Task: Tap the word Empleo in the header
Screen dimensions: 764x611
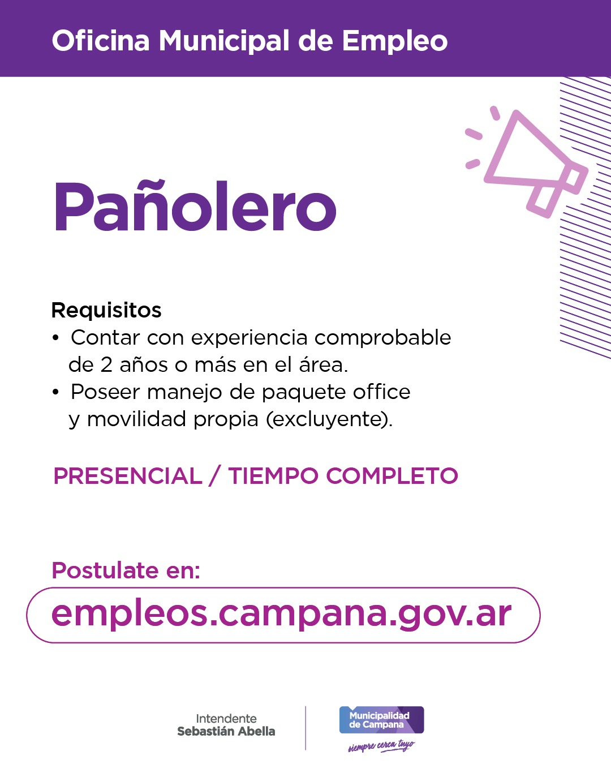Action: click(394, 41)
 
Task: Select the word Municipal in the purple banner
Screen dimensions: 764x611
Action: click(224, 41)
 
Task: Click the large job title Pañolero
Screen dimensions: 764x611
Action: click(195, 207)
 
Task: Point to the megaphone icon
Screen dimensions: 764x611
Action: click(529, 161)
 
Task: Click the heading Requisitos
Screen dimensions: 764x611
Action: click(106, 310)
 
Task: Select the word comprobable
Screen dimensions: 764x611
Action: click(383, 337)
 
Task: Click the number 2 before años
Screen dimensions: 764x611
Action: click(107, 365)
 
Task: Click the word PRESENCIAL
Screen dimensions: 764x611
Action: click(128, 476)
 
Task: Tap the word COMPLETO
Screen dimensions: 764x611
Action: click(392, 476)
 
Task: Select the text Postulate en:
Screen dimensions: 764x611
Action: click(126, 570)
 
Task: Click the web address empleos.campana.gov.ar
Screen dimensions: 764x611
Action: click(282, 614)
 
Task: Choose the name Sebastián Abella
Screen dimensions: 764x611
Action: click(226, 731)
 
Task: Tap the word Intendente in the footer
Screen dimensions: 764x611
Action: click(226, 718)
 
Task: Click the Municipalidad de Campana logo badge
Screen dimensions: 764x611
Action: click(381, 720)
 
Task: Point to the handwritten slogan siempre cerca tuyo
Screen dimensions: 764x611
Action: click(381, 746)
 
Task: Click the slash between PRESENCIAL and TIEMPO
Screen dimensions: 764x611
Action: click(214, 476)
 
